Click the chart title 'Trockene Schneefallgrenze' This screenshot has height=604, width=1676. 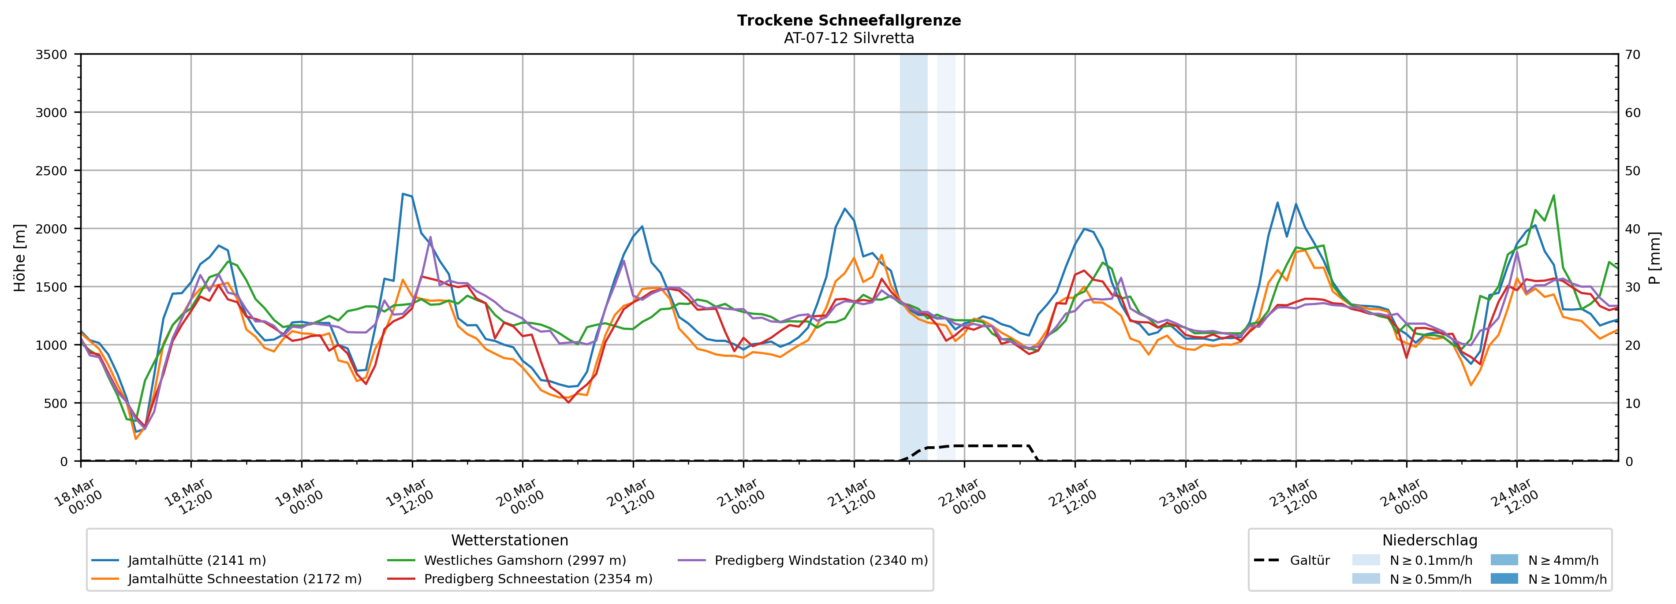[x=848, y=20]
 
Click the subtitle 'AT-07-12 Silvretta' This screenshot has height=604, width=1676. [x=848, y=38]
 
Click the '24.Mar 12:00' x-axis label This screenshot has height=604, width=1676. [x=1514, y=497]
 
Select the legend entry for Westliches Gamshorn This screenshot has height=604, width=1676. [x=524, y=560]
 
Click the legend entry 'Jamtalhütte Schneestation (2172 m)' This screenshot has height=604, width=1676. [x=244, y=578]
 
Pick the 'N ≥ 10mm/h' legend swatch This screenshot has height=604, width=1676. [x=1504, y=578]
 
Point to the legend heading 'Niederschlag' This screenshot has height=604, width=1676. [x=1430, y=540]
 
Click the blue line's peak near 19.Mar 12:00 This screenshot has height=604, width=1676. [x=403, y=194]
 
